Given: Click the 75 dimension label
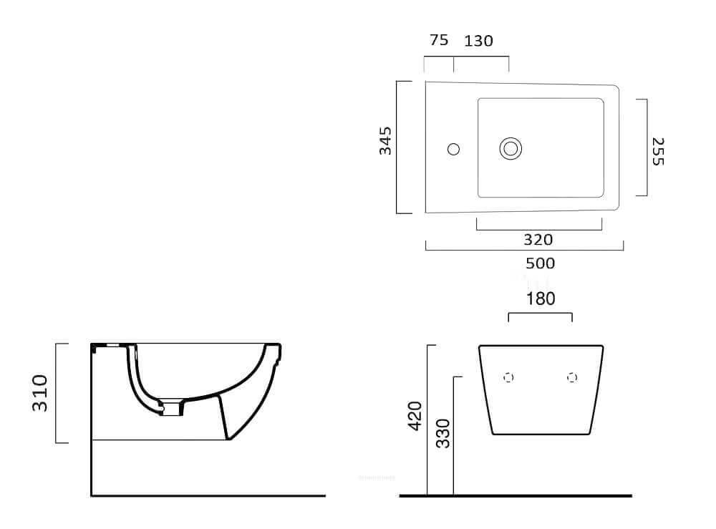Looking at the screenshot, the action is (x=439, y=40).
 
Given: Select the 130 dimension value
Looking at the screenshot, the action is (x=478, y=41).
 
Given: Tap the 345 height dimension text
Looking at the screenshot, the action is (x=385, y=140).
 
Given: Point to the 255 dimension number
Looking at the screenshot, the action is (x=657, y=152).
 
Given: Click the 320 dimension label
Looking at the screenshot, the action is (x=538, y=240).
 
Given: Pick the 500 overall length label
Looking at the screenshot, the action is (x=540, y=263).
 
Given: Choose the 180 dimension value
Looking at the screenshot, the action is (x=541, y=299).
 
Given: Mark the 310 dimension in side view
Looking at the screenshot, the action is (x=39, y=393).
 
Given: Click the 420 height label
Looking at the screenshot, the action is (x=415, y=416).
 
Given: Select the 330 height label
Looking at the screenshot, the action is (x=442, y=434).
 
